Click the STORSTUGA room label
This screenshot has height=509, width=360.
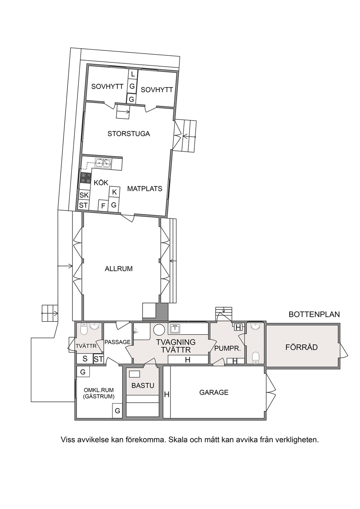coord(128,134)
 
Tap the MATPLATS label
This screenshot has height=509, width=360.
coord(145,189)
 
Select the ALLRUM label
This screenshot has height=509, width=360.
coord(119,269)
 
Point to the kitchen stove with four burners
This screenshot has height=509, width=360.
coord(85,178)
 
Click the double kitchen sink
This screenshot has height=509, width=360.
coord(103,163)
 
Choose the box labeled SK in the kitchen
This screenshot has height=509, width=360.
coord(84,195)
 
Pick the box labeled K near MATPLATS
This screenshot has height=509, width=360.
coord(114,192)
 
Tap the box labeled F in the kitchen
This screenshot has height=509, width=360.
coord(103,206)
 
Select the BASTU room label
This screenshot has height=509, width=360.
coord(143,385)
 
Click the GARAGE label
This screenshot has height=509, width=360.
coord(214,393)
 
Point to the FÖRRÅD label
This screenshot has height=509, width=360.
coord(302,348)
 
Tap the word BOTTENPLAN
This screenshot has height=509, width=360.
coord(314,314)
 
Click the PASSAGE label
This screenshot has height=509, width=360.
coord(118,342)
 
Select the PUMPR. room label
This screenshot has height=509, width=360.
coord(228,348)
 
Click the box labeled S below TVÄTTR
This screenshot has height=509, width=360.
coord(85,359)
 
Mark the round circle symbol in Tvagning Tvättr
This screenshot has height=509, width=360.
coord(159,329)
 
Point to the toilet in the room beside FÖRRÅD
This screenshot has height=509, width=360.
coord(256,357)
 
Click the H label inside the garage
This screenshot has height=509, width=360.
coord(167,394)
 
